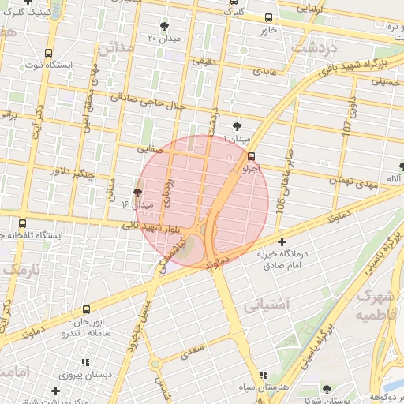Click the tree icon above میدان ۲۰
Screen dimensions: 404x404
164,26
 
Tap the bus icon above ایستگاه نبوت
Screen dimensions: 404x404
49,53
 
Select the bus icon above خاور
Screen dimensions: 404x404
268,17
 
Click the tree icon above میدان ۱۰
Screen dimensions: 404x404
237,126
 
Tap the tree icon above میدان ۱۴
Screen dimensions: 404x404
137,193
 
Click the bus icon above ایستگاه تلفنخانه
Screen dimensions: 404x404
22,223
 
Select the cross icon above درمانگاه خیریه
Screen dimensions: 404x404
282,241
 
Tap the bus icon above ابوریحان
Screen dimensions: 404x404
85,310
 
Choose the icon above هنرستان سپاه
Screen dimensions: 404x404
263,375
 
